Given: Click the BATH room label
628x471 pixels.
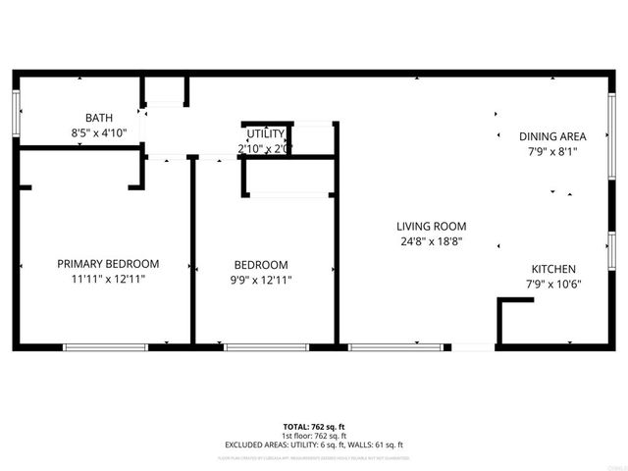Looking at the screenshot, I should point(99,117).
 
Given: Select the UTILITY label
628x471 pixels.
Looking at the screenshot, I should point(265,134).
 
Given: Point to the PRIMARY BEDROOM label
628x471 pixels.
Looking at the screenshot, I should point(108,264).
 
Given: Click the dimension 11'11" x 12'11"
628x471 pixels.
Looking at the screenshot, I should point(108,280).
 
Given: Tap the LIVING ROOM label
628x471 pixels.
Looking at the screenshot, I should point(431,225).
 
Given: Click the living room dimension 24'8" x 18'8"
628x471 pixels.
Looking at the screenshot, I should point(431,240).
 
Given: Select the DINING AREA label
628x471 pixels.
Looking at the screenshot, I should point(552,136).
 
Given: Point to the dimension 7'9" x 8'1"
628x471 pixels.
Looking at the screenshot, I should point(552,152).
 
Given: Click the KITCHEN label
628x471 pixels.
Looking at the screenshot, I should point(553,269).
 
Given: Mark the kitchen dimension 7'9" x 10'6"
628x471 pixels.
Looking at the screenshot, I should point(553,285).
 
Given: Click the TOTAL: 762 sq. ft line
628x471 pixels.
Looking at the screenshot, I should point(313,426).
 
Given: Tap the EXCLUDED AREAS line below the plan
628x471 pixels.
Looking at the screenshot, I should point(313,445).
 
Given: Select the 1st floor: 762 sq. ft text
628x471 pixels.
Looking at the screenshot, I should point(313,435).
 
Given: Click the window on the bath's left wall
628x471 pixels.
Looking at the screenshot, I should point(16,114).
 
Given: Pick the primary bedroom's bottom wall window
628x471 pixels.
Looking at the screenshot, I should point(105,346).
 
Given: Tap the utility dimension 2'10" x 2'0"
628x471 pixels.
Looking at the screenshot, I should point(265,149).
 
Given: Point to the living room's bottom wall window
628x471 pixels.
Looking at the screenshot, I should point(394,346).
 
